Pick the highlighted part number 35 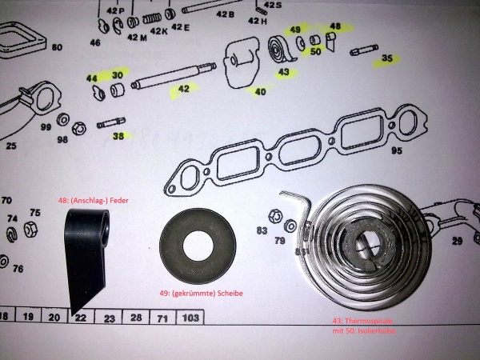click(x=388, y=58)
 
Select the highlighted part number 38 click(x=118, y=136)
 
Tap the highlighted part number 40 click(x=260, y=91)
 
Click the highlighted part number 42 click(x=183, y=89)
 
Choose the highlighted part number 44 click(x=92, y=78)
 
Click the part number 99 click(x=46, y=127)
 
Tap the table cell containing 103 click(x=190, y=318)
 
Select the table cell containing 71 click(x=162, y=318)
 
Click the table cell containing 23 click(x=108, y=318)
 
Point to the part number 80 click(x=56, y=48)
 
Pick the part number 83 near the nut click(x=262, y=231)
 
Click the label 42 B click(x=226, y=15)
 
